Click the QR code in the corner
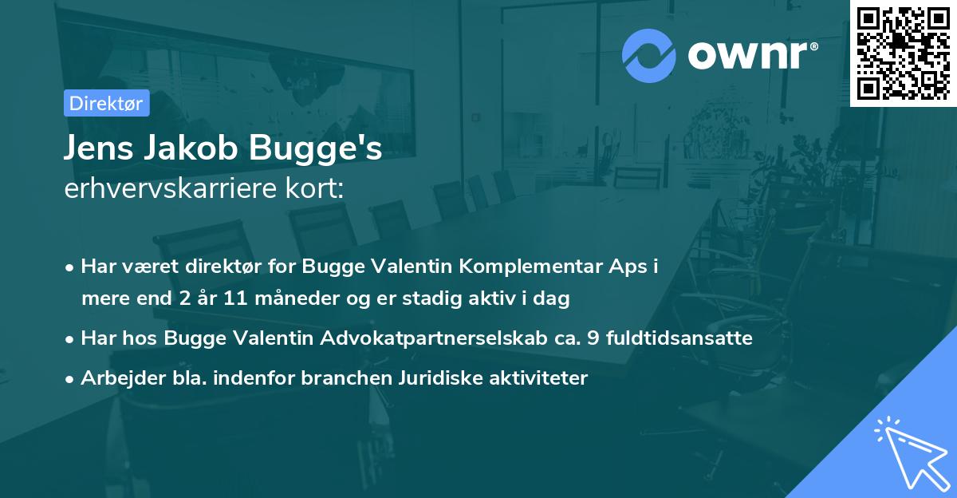point(903,53)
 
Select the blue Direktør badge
point(105,103)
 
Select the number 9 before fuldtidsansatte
point(592,338)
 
